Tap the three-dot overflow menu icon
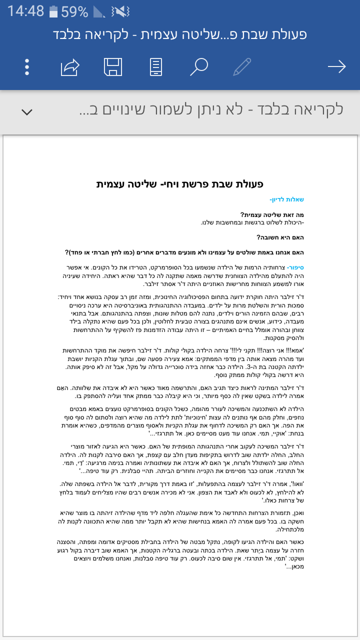tap(27, 67)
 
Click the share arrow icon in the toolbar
tap(70, 67)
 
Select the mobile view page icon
tap(156, 67)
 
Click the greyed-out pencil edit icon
tap(242, 67)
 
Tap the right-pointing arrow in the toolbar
tap(336, 67)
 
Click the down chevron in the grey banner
tap(27, 111)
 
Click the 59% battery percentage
tap(75, 11)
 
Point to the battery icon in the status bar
tap(53, 11)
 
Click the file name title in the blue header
tap(179, 35)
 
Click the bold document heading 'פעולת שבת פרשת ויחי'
tap(180, 184)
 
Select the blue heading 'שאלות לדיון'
tap(286, 199)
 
